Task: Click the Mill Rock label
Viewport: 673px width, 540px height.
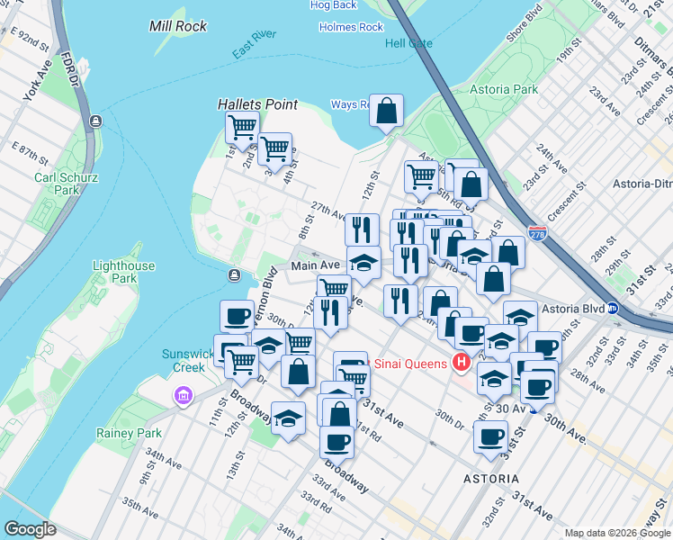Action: pyautogui.click(x=177, y=26)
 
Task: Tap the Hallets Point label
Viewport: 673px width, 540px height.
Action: pyautogui.click(x=257, y=104)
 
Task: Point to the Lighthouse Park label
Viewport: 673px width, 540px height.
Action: pyautogui.click(x=123, y=274)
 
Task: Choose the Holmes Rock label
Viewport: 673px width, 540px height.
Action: pyautogui.click(x=351, y=27)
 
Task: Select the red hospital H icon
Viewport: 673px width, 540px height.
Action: pyautogui.click(x=462, y=363)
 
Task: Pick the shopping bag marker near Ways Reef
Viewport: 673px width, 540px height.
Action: pyautogui.click(x=386, y=112)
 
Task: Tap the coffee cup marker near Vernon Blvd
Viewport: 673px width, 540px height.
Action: pyautogui.click(x=238, y=317)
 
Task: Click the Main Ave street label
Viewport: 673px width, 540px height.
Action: pyautogui.click(x=315, y=265)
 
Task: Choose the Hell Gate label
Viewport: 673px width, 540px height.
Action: pyautogui.click(x=408, y=43)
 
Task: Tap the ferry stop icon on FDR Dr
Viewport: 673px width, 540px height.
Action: pyautogui.click(x=95, y=121)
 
